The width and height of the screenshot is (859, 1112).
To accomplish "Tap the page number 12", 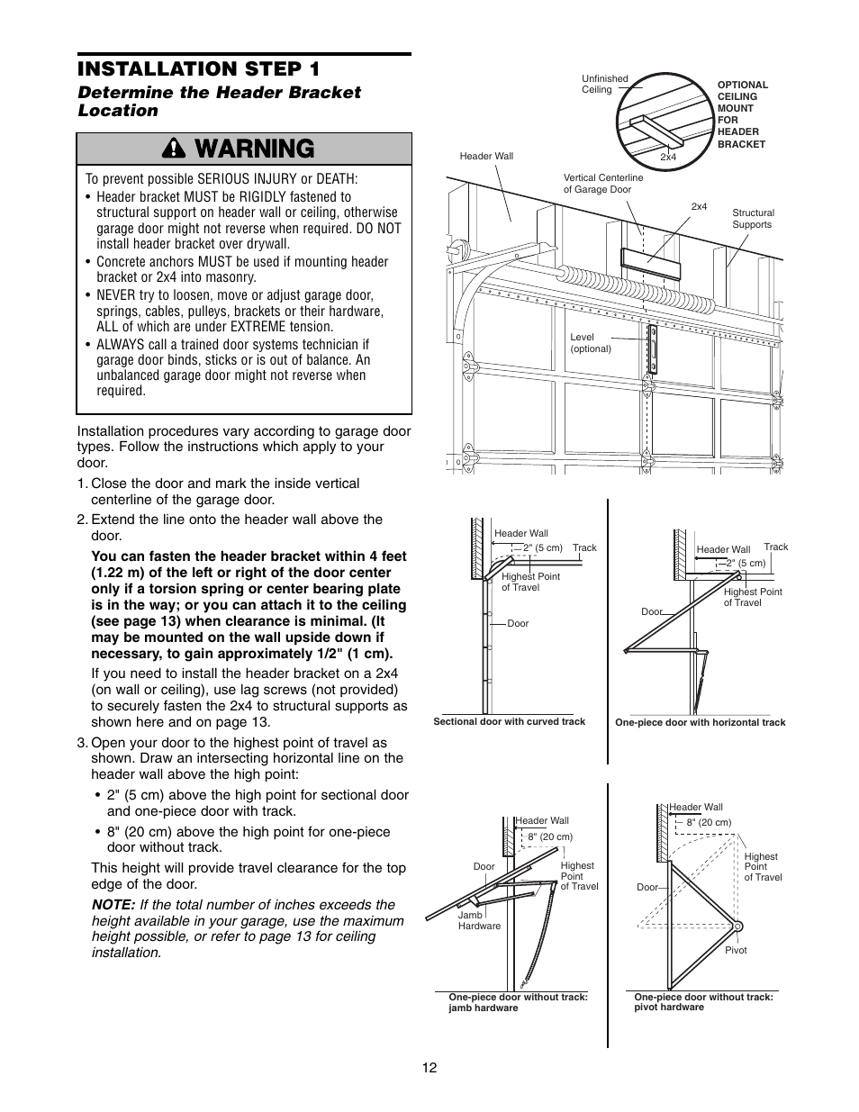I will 429,1067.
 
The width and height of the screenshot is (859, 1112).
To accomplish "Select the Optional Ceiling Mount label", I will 742,114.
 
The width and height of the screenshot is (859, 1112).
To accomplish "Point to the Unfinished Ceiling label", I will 604,84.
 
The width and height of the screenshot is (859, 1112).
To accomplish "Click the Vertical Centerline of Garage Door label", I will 602,184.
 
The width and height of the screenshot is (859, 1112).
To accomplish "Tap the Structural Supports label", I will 752,219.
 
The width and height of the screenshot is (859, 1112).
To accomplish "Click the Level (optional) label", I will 590,343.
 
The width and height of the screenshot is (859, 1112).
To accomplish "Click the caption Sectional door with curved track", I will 509,721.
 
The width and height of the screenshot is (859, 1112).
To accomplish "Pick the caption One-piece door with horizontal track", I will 700,722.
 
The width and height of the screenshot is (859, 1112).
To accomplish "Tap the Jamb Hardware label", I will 478,920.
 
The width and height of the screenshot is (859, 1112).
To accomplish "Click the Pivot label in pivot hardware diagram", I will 736,950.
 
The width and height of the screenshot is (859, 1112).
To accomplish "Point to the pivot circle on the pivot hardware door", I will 737,927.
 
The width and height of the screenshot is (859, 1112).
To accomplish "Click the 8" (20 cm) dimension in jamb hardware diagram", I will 550,836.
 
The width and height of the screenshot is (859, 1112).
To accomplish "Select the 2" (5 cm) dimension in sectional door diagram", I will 542,547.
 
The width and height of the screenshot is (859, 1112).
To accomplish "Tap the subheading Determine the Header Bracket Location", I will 219,101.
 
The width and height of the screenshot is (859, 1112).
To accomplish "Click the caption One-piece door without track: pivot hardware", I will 703,1002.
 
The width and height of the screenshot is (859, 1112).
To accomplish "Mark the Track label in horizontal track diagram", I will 775,547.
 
